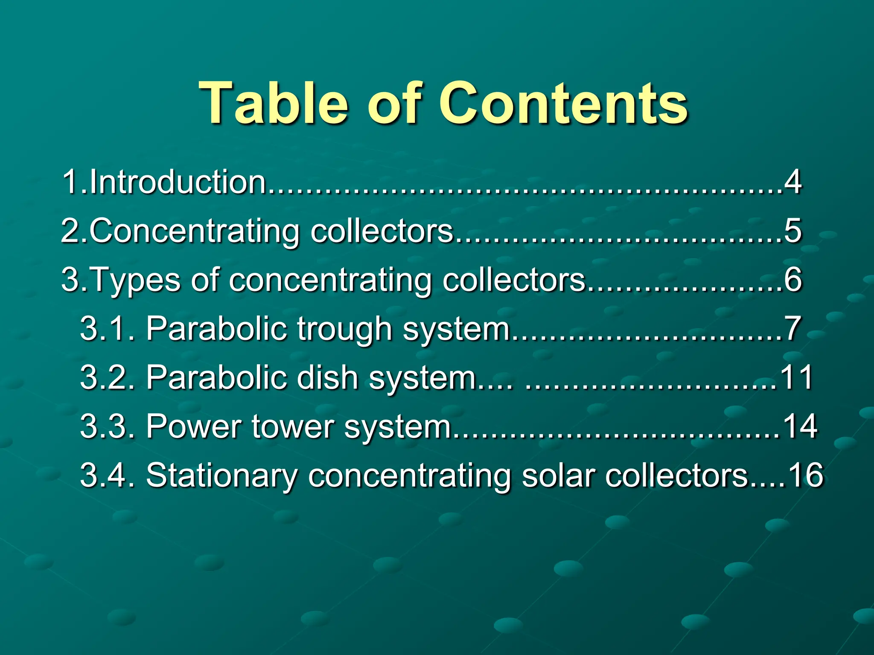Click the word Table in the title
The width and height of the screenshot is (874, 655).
pos(273,103)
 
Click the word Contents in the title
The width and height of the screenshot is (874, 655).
pos(563,103)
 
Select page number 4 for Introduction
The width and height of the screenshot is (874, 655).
pos(793,182)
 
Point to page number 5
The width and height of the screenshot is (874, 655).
pos(793,231)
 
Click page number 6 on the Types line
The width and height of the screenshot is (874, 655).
pos(793,280)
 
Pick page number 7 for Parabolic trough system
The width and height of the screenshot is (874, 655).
pos(792,329)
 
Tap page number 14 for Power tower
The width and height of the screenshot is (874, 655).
pos(800,426)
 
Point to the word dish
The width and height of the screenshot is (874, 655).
pos(327,377)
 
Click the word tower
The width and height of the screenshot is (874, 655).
pos(292,426)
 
